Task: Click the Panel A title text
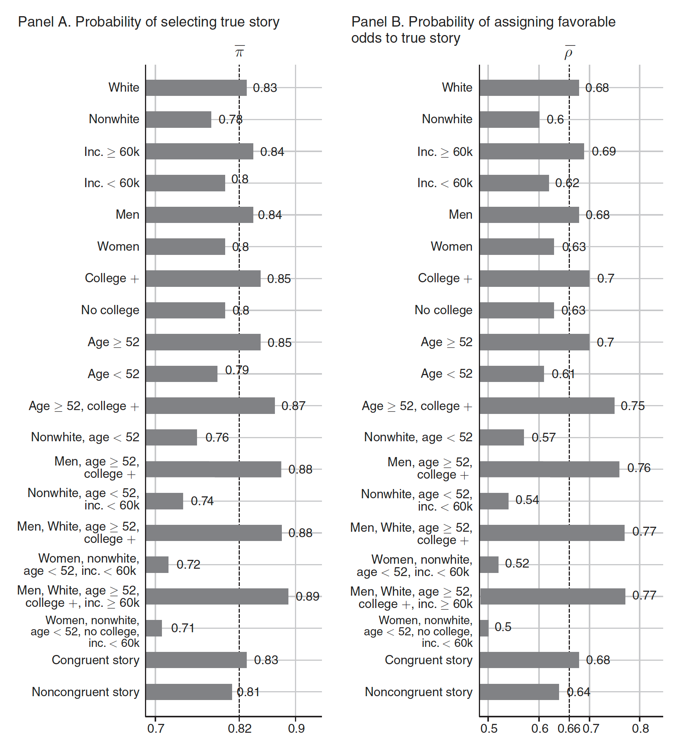point(148,22)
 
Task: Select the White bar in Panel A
point(196,88)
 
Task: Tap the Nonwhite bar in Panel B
point(509,119)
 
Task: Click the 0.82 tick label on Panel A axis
point(239,729)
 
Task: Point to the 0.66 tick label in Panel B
point(569,729)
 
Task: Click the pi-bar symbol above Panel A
point(239,52)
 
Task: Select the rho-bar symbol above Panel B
point(569,52)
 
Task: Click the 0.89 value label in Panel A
point(307,596)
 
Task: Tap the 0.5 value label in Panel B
point(503,627)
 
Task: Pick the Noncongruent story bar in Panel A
point(189,692)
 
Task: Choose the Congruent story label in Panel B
point(428,660)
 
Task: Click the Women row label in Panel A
point(118,246)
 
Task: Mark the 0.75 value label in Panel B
point(632,406)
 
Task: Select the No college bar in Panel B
point(517,310)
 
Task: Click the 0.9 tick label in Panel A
point(296,729)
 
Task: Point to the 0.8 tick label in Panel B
point(640,729)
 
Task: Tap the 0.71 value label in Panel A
point(182,628)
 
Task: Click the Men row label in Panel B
point(460,214)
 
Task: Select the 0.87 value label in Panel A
point(293,406)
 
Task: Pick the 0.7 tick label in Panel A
point(156,729)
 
